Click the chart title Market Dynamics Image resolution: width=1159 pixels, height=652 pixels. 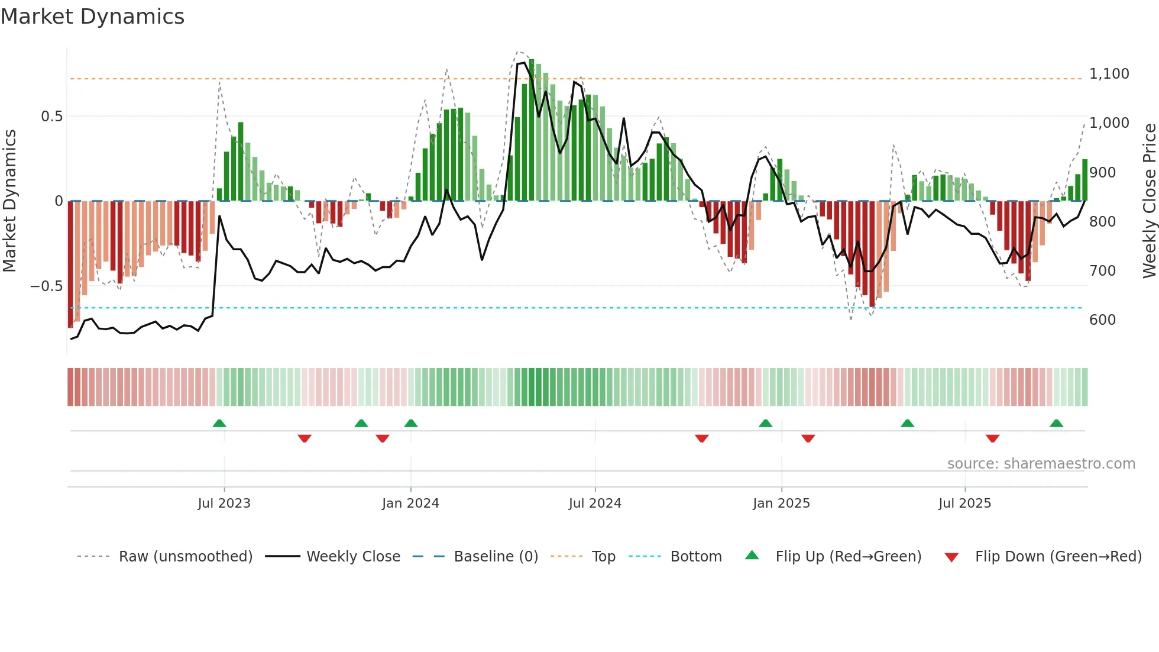pyautogui.click(x=93, y=17)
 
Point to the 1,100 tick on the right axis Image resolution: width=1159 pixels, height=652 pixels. pyautogui.click(x=1109, y=74)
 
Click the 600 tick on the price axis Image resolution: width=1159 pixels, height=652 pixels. pyautogui.click(x=1102, y=320)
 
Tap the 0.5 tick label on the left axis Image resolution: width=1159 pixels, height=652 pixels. pyautogui.click(x=51, y=117)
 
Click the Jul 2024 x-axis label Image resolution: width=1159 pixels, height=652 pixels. pyautogui.click(x=595, y=503)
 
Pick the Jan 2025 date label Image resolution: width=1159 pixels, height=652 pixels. pyautogui.click(x=781, y=503)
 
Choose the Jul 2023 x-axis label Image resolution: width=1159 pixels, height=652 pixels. pyautogui.click(x=224, y=503)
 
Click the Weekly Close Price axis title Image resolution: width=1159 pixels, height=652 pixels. pyautogui.click(x=1149, y=201)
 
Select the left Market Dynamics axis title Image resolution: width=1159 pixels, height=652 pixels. pyautogui.click(x=10, y=201)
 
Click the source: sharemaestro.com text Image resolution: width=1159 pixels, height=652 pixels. pyautogui.click(x=1041, y=464)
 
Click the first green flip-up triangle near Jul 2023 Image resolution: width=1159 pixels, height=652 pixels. pyautogui.click(x=219, y=424)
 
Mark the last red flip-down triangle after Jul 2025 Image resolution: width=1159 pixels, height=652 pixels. pyautogui.click(x=992, y=438)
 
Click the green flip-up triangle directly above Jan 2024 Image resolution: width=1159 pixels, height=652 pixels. pyautogui.click(x=411, y=424)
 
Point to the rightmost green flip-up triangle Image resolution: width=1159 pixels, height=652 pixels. pyautogui.click(x=1056, y=424)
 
